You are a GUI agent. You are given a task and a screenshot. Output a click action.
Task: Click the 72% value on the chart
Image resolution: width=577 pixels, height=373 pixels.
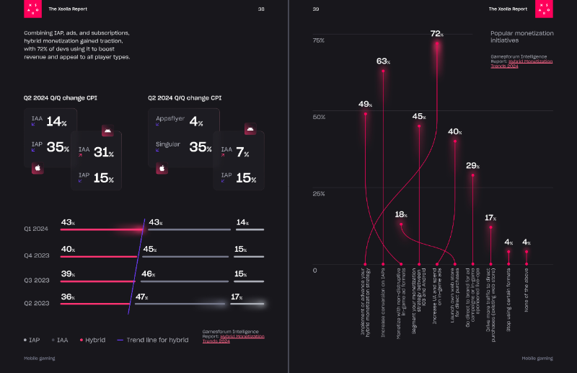coord(436,33)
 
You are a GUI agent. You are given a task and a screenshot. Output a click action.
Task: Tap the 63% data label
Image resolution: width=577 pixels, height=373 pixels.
coord(383,61)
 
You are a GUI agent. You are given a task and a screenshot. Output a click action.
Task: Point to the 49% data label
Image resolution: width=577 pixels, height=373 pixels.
coord(365,104)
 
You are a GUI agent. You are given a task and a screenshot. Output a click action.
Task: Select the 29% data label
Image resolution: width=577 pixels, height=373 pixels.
coord(472,166)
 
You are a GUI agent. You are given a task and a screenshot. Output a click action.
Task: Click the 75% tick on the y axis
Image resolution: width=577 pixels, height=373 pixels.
coord(318,40)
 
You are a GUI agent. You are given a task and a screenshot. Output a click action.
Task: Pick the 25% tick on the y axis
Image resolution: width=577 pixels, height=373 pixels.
coord(318,193)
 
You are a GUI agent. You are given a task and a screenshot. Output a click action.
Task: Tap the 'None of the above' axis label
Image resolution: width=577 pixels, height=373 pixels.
coord(527,302)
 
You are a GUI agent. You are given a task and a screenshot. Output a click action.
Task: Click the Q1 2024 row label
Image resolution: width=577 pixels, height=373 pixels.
coord(35,228)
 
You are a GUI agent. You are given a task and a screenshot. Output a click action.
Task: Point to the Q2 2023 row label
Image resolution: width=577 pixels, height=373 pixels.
coord(35,303)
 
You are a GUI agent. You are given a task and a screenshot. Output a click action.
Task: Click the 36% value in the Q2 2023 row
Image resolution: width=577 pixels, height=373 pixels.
coord(68,297)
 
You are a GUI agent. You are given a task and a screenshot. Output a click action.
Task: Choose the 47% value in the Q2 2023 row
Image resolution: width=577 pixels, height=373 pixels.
coord(142,297)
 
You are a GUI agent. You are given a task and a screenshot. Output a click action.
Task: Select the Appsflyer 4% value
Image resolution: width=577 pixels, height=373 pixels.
coord(196,122)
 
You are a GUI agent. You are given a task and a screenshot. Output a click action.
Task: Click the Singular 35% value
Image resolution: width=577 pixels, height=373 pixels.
coord(198,147)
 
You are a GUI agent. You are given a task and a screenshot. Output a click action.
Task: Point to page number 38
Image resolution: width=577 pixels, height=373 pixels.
coord(261,9)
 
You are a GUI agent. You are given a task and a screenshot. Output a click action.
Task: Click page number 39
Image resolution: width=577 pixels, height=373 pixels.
coord(316,9)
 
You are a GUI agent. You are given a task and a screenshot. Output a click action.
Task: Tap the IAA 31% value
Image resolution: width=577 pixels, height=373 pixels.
coord(103,152)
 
